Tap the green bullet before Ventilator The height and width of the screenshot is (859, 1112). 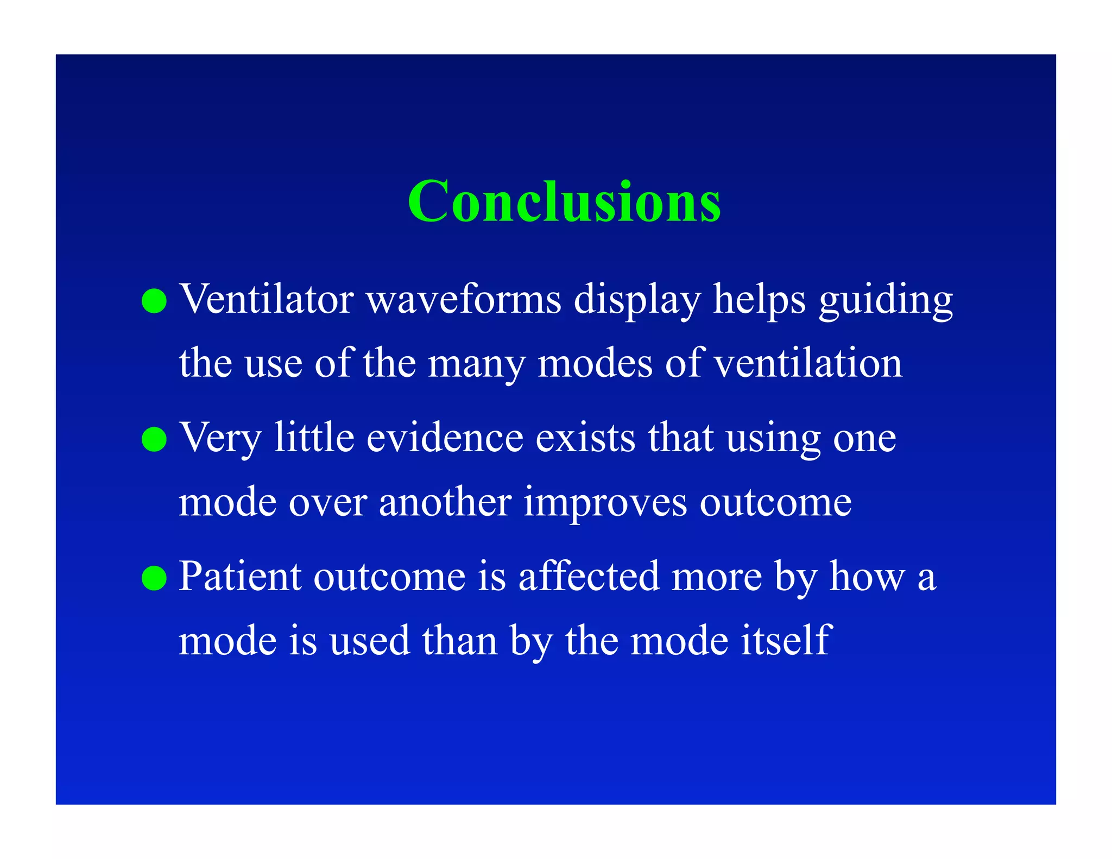point(154,301)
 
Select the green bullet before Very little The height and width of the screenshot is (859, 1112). point(154,439)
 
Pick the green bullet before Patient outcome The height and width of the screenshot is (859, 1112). point(154,578)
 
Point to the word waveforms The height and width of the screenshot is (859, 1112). point(464,299)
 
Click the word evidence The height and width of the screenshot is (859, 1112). point(445,438)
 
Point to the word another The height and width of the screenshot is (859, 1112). point(445,502)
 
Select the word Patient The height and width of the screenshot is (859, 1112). point(239,576)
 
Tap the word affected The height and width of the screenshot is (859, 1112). point(589,576)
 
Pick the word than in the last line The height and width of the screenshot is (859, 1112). point(459,640)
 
